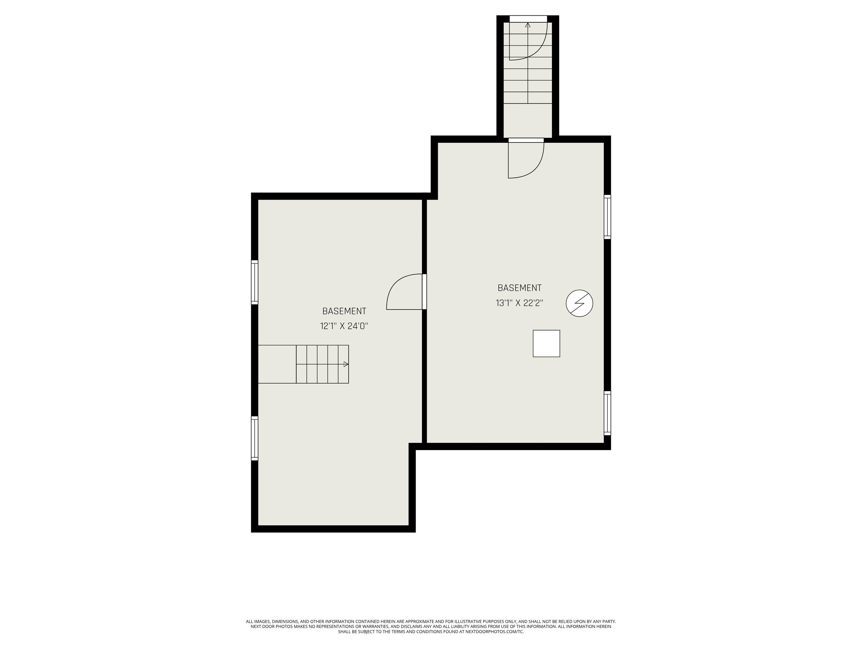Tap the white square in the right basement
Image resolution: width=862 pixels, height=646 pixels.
tap(546, 343)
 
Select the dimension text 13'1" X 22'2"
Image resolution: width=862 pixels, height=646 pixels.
tap(519, 303)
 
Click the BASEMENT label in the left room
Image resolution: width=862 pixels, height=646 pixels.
tap(344, 311)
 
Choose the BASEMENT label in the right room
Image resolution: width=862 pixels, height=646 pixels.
tap(519, 288)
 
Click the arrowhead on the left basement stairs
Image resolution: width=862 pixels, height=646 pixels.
tap(346, 364)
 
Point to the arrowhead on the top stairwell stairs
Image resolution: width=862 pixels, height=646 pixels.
tap(528, 25)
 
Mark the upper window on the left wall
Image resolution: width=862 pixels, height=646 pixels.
tap(255, 282)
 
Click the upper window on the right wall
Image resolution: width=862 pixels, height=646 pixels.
tap(607, 216)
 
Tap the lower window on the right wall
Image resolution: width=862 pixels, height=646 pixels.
tap(607, 413)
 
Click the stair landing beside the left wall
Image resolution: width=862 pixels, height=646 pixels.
tap(277, 364)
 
